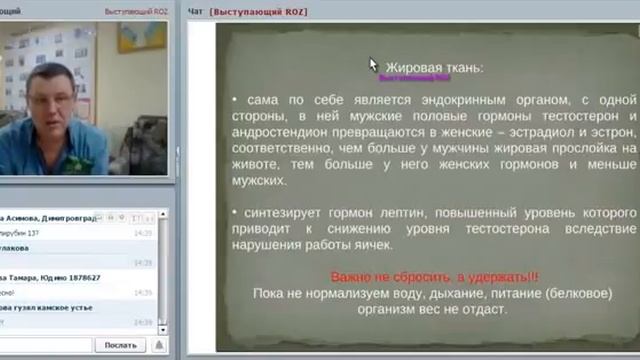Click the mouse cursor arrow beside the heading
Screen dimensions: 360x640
click(374, 65)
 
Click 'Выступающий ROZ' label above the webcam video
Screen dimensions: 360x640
click(135, 11)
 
